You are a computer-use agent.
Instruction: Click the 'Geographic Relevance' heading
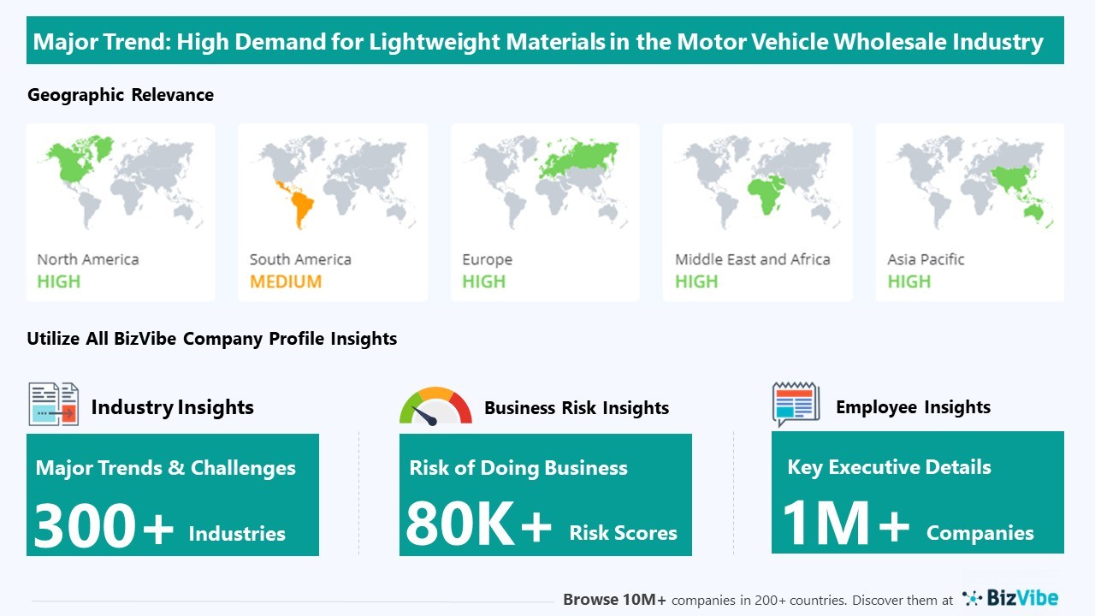pyautogui.click(x=121, y=95)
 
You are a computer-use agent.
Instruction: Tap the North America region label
pyautogui.click(x=87, y=259)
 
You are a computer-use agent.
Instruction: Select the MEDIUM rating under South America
pyautogui.click(x=286, y=281)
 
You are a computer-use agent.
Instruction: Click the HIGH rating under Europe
pyautogui.click(x=483, y=281)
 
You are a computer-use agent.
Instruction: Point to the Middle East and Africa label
pyautogui.click(x=752, y=259)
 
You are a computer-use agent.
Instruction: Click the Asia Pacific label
pyautogui.click(x=926, y=259)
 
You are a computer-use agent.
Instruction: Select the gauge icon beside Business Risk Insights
pyautogui.click(x=435, y=406)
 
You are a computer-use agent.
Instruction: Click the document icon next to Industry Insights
pyautogui.click(x=53, y=405)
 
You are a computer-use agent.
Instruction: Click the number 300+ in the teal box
pyautogui.click(x=104, y=525)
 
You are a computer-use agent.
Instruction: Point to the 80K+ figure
pyautogui.click(x=478, y=524)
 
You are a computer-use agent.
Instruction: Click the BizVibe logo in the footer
pyautogui.click(x=1010, y=597)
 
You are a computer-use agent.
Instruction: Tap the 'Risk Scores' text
pyautogui.click(x=623, y=533)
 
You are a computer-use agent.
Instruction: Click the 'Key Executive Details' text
pyautogui.click(x=889, y=467)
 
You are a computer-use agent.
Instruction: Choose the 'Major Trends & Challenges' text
pyautogui.click(x=166, y=468)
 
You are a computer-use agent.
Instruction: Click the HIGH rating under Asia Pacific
pyautogui.click(x=909, y=281)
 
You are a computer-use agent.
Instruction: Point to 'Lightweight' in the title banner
pyautogui.click(x=435, y=42)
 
